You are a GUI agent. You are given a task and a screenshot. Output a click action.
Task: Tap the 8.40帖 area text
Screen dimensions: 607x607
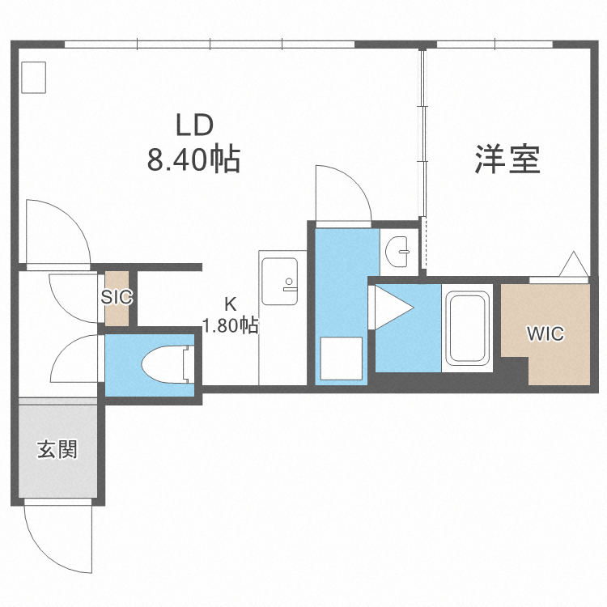pyautogui.click(x=193, y=159)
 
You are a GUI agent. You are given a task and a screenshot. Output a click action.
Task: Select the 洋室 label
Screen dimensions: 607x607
pyautogui.click(x=507, y=159)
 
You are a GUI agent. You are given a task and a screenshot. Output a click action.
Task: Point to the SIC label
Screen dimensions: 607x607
pyautogui.click(x=117, y=297)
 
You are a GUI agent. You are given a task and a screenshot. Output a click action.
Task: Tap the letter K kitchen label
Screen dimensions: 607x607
pyautogui.click(x=231, y=305)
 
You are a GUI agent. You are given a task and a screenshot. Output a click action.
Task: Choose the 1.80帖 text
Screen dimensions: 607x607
pyautogui.click(x=231, y=326)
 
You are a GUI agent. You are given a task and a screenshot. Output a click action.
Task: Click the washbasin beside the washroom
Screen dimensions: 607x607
pyautogui.click(x=397, y=252)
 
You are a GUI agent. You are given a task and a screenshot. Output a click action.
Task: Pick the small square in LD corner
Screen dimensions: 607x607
pyautogui.click(x=35, y=77)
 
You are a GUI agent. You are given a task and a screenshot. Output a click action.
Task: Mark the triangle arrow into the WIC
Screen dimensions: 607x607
pyautogui.click(x=575, y=265)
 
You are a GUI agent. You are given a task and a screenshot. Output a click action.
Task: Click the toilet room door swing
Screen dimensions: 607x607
pyautogui.click(x=75, y=360)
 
